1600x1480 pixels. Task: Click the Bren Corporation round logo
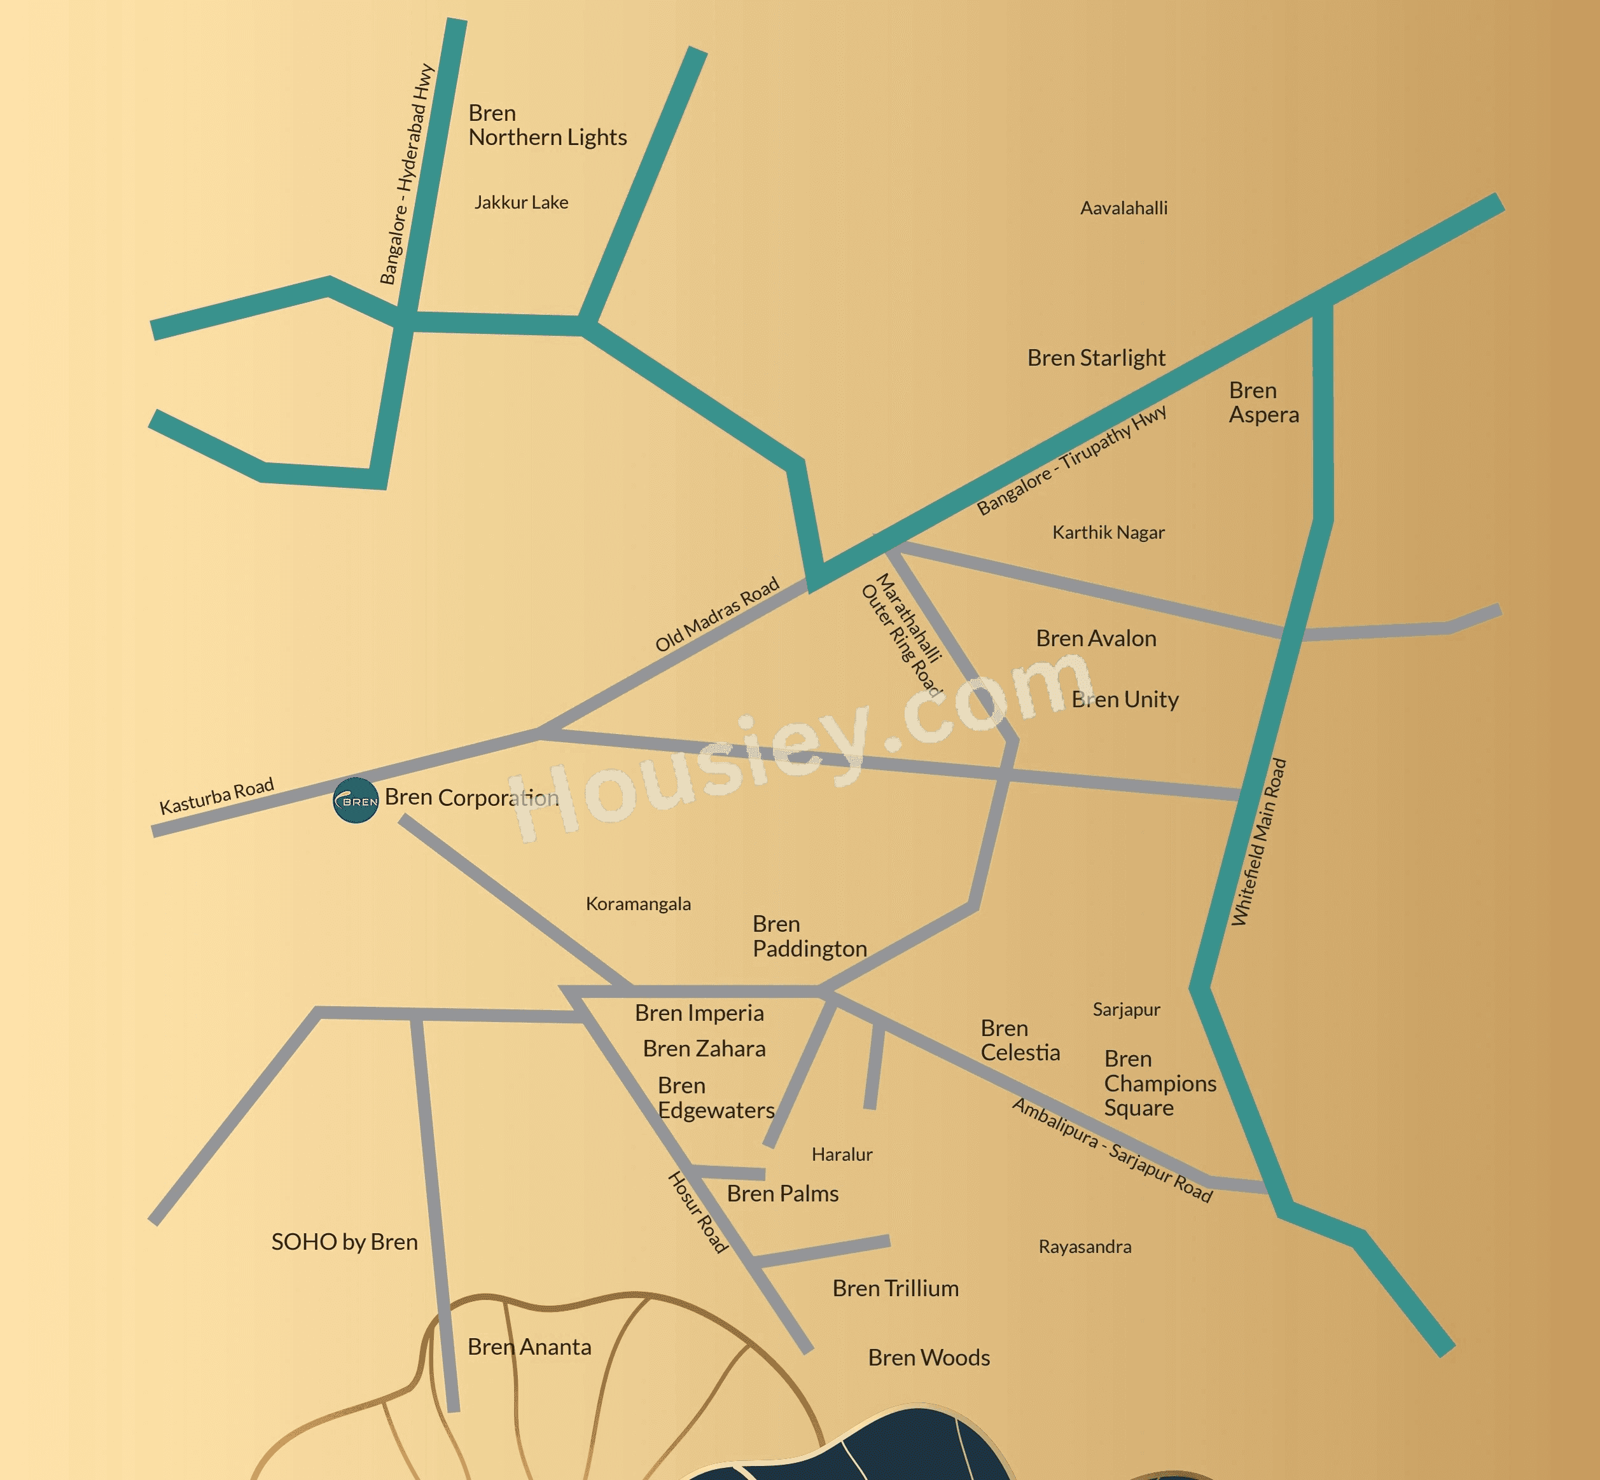(355, 800)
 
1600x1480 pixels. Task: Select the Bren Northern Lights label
(547, 126)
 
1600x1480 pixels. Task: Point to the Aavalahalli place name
(1123, 208)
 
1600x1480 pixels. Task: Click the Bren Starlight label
(1096, 358)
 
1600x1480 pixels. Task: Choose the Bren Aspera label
(1263, 403)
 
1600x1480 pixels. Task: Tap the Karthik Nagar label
(1108, 532)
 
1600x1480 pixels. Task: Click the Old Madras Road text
(717, 615)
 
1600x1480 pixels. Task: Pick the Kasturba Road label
(216, 796)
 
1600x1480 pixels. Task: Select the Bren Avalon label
(1096, 639)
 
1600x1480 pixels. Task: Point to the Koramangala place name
(637, 904)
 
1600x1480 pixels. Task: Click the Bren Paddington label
(809, 936)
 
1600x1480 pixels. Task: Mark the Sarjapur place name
(1125, 1010)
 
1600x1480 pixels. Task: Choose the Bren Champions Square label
(1159, 1084)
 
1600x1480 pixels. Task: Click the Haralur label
(841, 1155)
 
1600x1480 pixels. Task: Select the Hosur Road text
(698, 1212)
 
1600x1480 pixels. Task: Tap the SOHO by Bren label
(345, 1242)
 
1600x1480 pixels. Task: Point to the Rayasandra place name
(1085, 1247)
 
